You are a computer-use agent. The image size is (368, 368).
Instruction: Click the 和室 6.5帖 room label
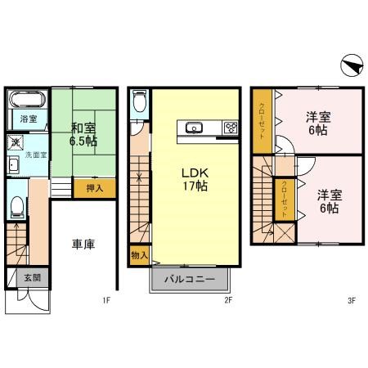tap(83, 134)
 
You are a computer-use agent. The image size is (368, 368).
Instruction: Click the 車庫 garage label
tap(83, 245)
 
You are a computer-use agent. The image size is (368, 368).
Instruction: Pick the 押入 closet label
tap(95, 188)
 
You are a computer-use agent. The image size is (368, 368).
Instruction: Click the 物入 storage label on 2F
tap(138, 256)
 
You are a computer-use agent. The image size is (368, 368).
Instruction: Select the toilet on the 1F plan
tap(17, 206)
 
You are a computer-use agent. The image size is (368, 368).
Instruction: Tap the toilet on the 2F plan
tap(139, 101)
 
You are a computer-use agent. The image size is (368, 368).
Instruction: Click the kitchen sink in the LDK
tap(195, 128)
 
